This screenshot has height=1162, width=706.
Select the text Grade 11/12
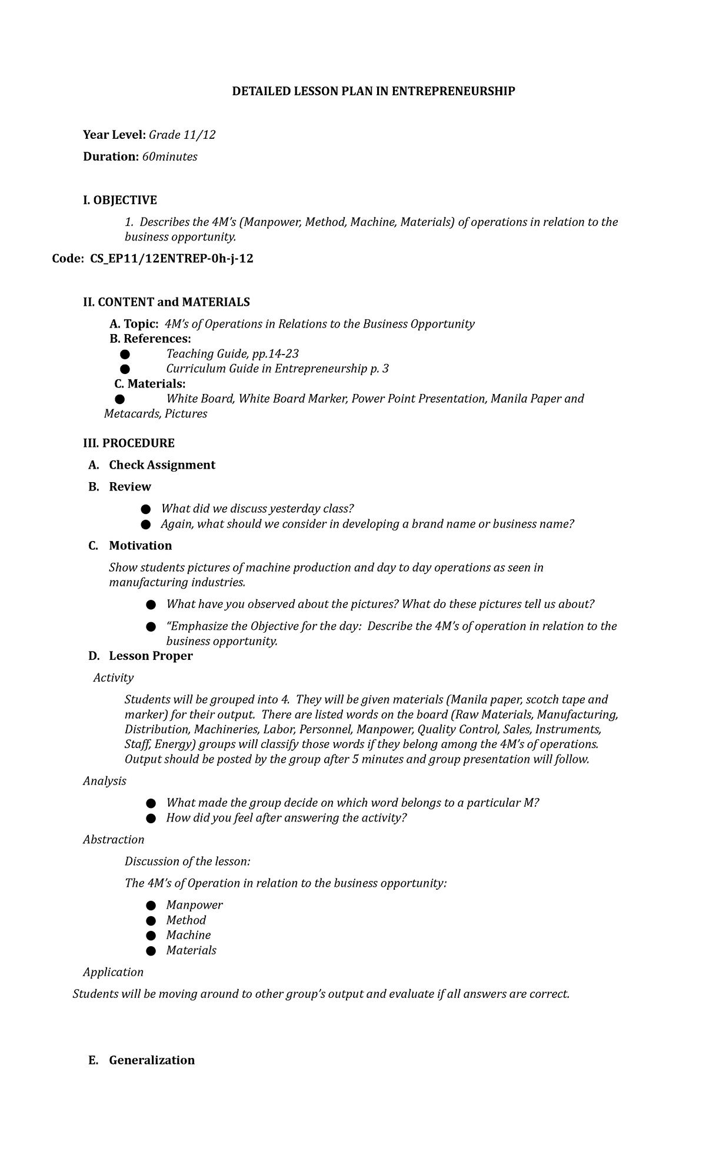point(182,135)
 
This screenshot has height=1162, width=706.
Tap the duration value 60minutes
point(170,157)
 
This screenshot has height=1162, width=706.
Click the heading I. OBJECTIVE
point(120,201)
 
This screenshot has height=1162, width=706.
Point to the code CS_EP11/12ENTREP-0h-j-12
point(171,259)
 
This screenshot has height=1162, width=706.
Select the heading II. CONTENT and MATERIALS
point(166,302)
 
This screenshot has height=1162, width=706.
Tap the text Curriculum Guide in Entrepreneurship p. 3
point(277,369)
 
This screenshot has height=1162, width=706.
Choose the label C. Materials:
point(150,384)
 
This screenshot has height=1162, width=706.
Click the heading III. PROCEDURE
point(129,443)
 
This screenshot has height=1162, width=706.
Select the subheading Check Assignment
point(162,465)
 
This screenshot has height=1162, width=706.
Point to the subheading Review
point(130,487)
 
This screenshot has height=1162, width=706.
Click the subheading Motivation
point(140,546)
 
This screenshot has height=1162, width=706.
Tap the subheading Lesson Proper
point(151,656)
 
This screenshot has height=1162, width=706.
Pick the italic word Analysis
point(105,781)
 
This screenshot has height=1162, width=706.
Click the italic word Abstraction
point(114,840)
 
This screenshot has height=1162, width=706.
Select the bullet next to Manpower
point(151,906)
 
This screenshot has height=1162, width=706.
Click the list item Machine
point(188,935)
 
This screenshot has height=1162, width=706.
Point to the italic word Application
point(113,972)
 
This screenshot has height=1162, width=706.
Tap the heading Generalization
point(152,1060)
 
